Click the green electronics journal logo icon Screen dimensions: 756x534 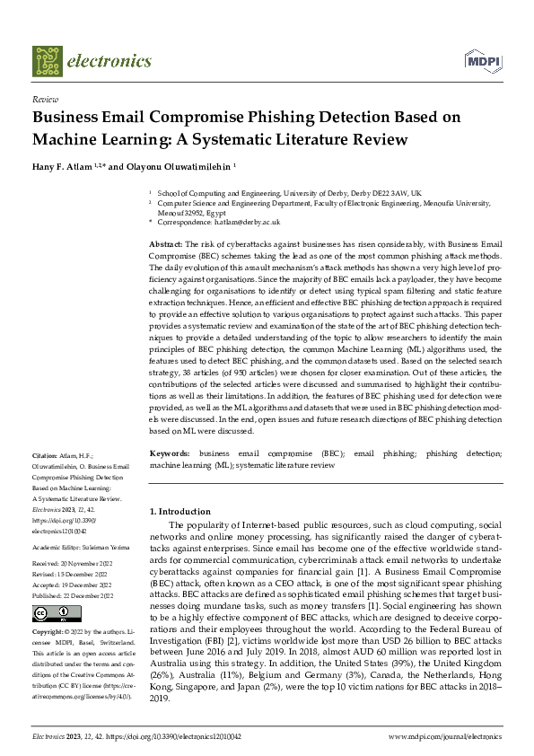[47, 60]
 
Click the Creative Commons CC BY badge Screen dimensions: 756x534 [44, 613]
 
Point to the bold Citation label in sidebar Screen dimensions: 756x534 [44, 456]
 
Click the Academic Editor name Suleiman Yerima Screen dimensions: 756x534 [109, 545]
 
